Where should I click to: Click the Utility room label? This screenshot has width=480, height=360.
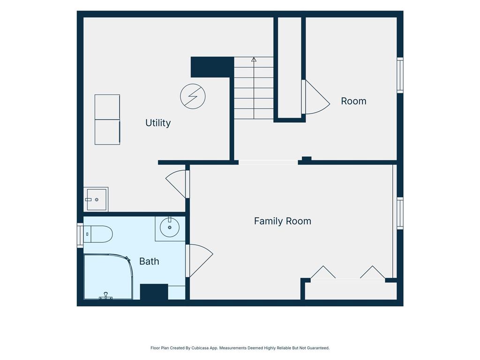[x=158, y=123]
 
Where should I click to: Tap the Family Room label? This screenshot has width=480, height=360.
[x=283, y=221]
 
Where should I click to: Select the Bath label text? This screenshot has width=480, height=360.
[x=149, y=261]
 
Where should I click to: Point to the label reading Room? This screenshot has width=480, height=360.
[x=353, y=101]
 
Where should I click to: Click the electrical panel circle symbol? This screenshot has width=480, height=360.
[x=193, y=97]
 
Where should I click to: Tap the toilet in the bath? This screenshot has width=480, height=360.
[x=98, y=234]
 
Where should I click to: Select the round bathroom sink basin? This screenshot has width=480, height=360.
[x=170, y=227]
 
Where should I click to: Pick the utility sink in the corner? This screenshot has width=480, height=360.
[x=96, y=199]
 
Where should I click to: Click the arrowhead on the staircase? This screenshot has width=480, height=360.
[x=254, y=60]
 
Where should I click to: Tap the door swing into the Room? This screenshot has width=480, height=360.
[x=316, y=97]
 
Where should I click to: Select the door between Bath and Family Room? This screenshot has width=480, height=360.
[x=199, y=261]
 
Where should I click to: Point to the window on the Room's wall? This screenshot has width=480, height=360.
[x=400, y=75]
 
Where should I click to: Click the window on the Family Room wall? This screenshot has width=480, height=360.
[x=400, y=213]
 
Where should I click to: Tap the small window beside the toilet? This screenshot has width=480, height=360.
[x=80, y=235]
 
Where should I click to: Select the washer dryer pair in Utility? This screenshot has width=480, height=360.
[x=107, y=120]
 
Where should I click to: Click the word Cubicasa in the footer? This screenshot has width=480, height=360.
[x=200, y=348]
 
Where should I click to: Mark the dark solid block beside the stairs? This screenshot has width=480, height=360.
[x=212, y=67]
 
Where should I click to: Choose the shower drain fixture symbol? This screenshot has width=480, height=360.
[x=105, y=296]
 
